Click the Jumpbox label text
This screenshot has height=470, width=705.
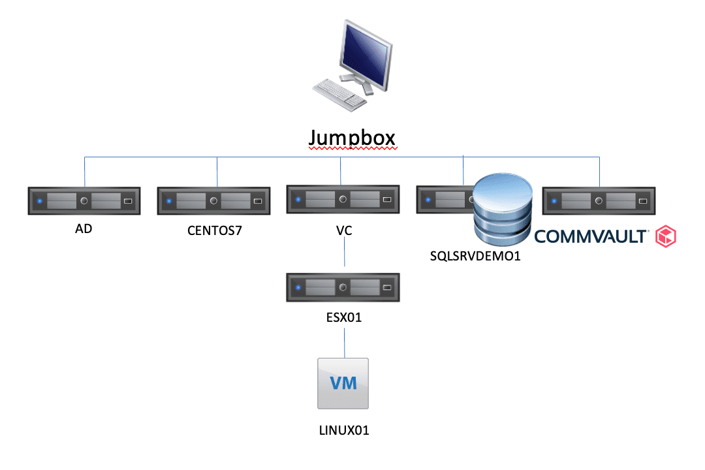[352, 138]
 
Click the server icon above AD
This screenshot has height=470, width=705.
[84, 201]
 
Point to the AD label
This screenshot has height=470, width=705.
[84, 230]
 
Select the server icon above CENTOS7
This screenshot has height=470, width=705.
[213, 201]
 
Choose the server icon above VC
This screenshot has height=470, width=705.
[343, 198]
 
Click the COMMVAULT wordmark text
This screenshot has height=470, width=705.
[591, 236]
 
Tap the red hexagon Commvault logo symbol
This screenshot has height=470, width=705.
[666, 236]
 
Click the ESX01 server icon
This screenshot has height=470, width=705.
[343, 287]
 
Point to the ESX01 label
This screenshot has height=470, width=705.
[343, 318]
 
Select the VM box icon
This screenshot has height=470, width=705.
[342, 384]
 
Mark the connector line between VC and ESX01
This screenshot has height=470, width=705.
[344, 255]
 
